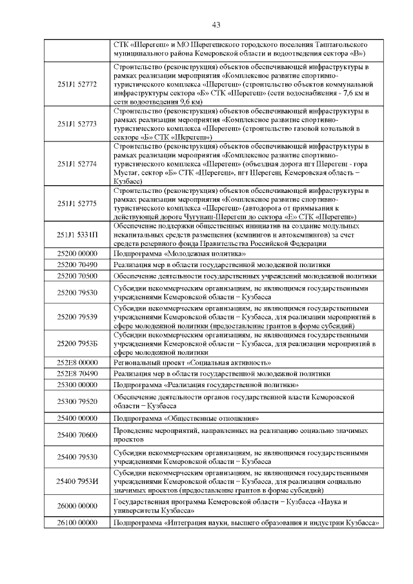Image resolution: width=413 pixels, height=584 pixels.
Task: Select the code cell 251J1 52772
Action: (x=77, y=85)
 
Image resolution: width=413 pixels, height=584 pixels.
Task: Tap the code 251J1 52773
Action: (x=77, y=123)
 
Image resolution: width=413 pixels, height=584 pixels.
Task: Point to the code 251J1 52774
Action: (x=77, y=165)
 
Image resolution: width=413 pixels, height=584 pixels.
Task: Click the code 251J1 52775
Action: (x=77, y=204)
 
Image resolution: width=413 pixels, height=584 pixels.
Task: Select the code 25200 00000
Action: (x=77, y=255)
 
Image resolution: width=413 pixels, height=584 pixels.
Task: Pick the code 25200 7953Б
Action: (x=77, y=343)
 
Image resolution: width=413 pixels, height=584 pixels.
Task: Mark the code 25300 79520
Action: (x=77, y=401)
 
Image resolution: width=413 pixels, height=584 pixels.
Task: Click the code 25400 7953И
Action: (x=77, y=481)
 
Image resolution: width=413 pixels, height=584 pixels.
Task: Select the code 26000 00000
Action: (x=77, y=507)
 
